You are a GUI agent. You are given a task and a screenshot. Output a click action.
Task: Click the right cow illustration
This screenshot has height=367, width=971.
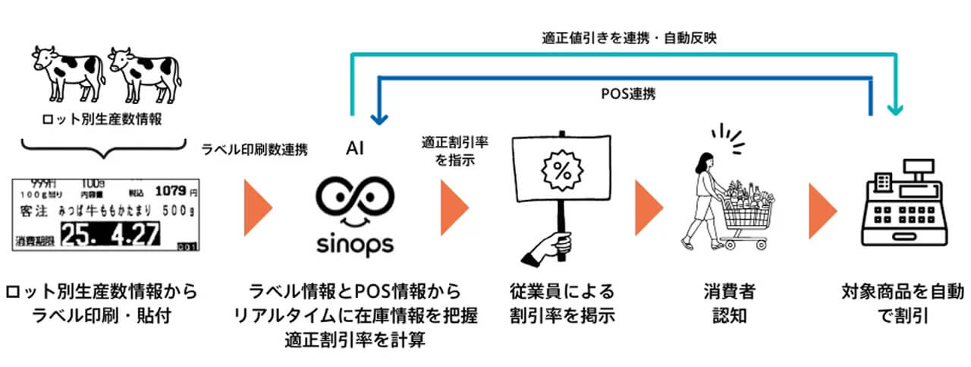pyautogui.click(x=144, y=72)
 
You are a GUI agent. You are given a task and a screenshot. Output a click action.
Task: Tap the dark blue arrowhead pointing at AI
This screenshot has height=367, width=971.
pyautogui.click(x=379, y=119)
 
